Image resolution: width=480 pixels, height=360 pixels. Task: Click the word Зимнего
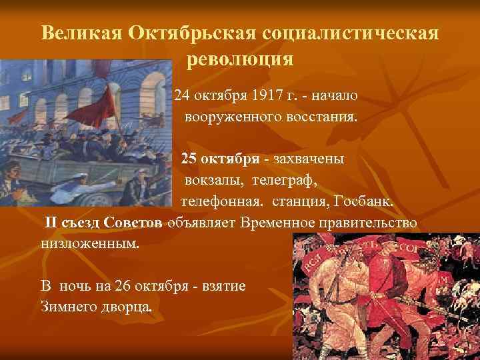[x=69, y=307]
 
